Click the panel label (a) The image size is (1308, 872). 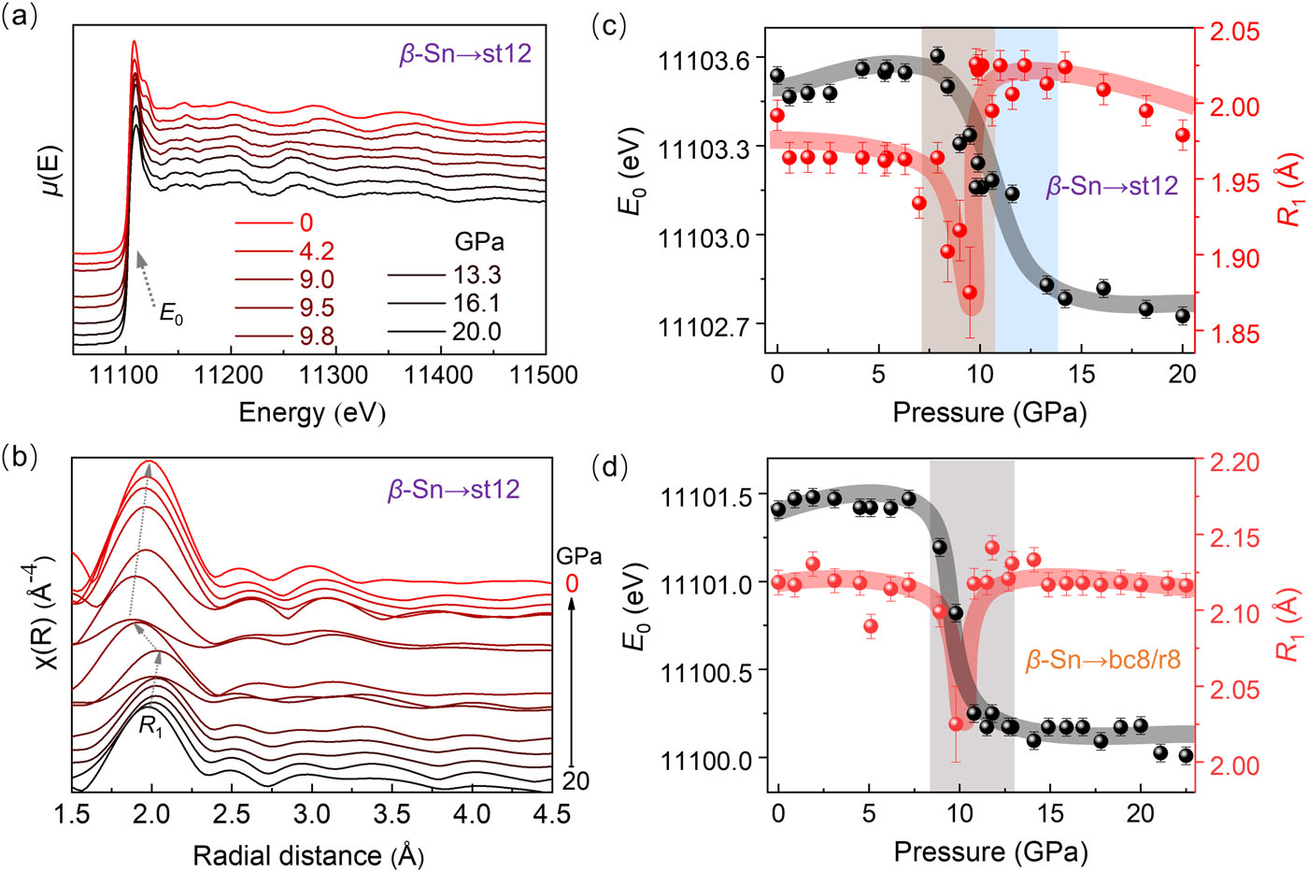pyautogui.click(x=21, y=19)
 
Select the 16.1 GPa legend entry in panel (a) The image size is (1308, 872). pyautogui.click(x=476, y=303)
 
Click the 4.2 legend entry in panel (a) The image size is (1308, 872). pyautogui.click(x=317, y=251)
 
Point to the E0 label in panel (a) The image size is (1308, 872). pyautogui.click(x=171, y=315)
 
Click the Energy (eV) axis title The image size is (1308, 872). pyautogui.click(x=312, y=412)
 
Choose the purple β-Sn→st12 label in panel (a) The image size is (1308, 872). pyautogui.click(x=465, y=53)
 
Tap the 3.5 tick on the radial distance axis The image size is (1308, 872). pyautogui.click(x=391, y=814)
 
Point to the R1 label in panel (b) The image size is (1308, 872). pyautogui.click(x=150, y=725)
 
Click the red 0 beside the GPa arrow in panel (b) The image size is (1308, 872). pyautogui.click(x=572, y=584)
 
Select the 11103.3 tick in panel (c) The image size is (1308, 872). pyautogui.click(x=704, y=149)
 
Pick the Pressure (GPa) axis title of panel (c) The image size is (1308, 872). pyautogui.click(x=989, y=412)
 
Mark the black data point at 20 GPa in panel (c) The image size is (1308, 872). pyautogui.click(x=1183, y=316)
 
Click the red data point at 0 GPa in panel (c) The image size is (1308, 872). pyautogui.click(x=777, y=116)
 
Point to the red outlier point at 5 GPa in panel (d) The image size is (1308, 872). pyautogui.click(x=871, y=626)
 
